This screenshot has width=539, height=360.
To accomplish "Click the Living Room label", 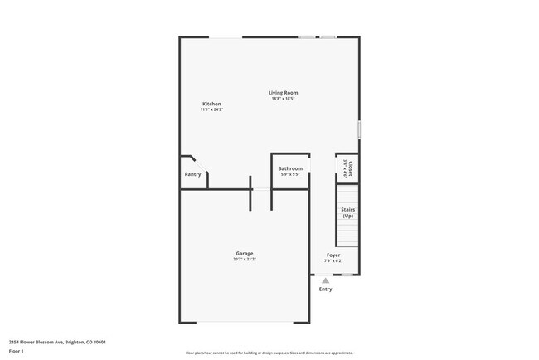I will (283, 93).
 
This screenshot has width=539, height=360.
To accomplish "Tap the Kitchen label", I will (211, 104).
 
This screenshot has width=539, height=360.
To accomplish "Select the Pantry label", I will (192, 174).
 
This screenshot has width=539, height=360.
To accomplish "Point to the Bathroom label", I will (290, 168).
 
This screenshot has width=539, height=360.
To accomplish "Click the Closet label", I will (350, 168).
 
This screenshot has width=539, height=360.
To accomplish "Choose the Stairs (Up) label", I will (347, 212).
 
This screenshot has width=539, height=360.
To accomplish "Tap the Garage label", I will (245, 253).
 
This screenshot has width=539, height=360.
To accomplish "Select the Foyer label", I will (333, 255).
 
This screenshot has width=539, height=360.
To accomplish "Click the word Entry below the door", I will (326, 289).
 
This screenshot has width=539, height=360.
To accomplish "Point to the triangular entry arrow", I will (326, 280).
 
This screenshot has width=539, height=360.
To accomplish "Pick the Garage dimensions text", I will (245, 260).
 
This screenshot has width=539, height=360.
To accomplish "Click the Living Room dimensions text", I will (283, 99).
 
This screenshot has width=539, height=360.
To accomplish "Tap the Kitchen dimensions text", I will (211, 109).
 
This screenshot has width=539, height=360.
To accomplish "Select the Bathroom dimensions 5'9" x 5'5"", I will (290, 174).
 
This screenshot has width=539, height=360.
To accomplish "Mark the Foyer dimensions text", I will (333, 260).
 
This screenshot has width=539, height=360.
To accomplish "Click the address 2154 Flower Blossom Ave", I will (57, 342).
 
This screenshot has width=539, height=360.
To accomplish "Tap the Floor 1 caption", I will (17, 351).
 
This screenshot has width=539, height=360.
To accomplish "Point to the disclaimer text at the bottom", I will (269, 353).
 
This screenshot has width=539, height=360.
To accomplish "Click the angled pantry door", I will (200, 163).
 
